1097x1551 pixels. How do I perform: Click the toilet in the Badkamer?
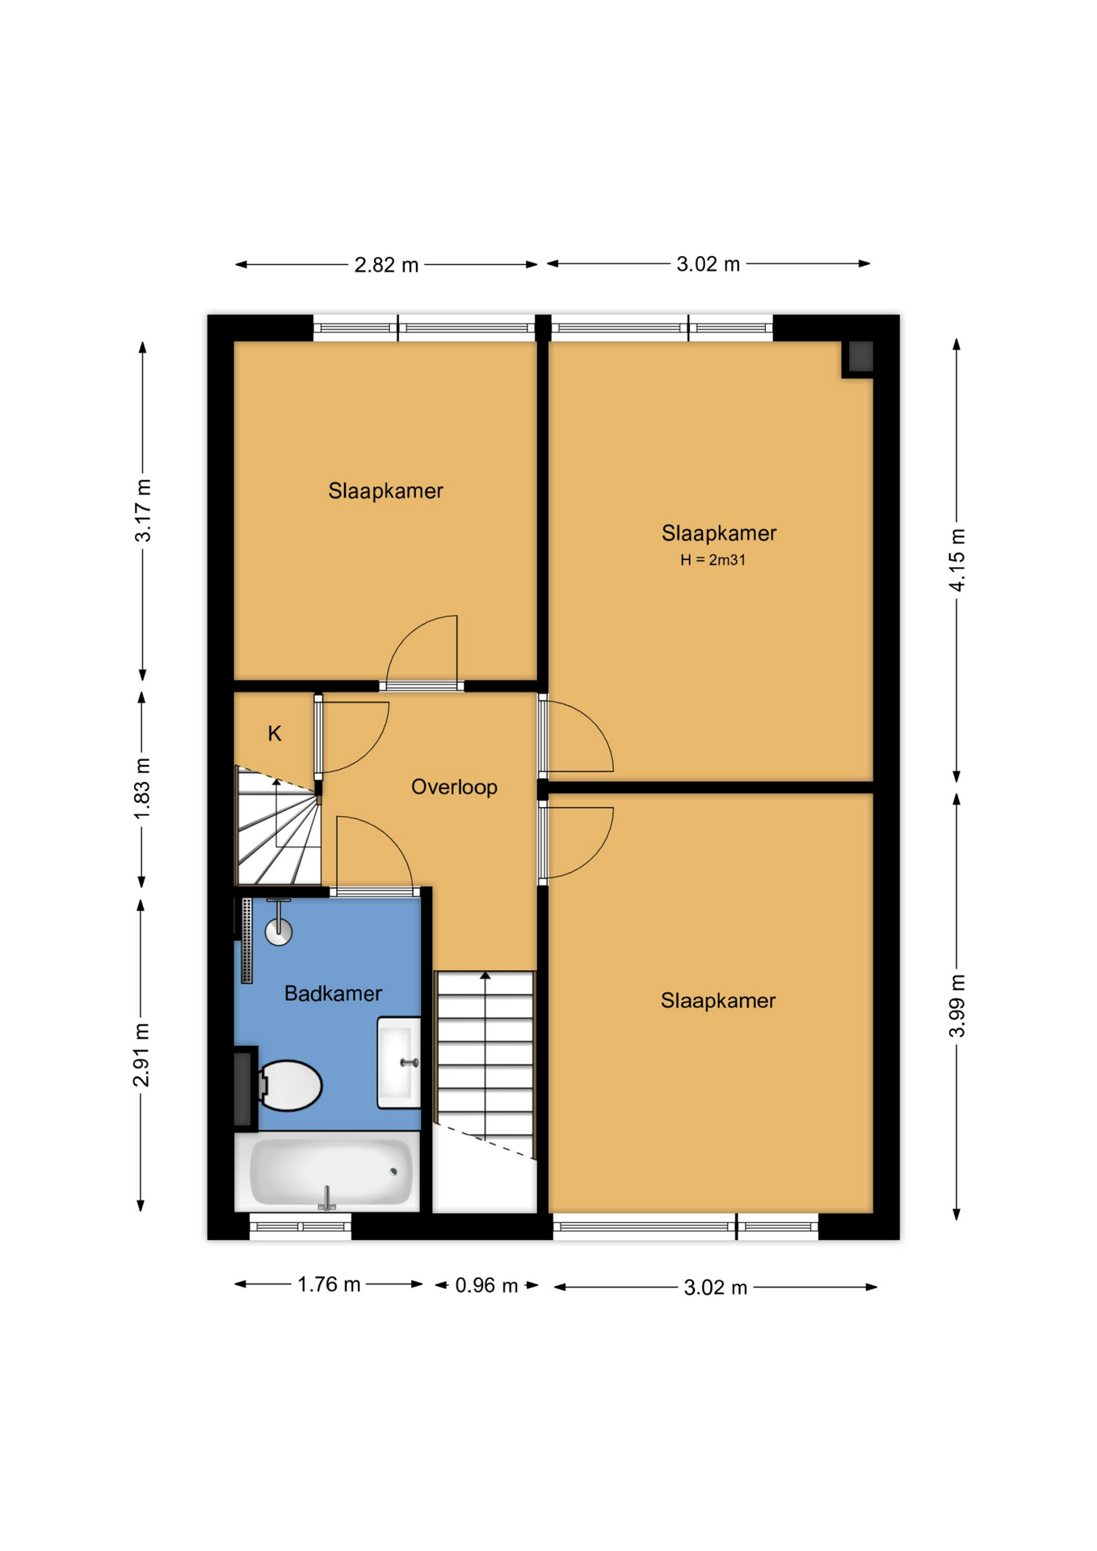point(288,1085)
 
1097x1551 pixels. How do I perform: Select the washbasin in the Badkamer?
point(399,1062)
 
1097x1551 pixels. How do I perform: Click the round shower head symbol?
point(279,931)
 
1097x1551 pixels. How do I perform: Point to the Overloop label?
point(454,787)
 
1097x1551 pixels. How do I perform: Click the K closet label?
point(275,733)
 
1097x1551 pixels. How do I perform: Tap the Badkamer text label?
point(333,994)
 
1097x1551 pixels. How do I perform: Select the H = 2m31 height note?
point(712,560)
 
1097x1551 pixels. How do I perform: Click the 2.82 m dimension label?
point(386,265)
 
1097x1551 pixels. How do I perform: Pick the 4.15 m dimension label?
point(957,560)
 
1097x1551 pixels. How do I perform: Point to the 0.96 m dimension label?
point(486,1285)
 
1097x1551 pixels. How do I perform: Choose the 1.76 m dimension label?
point(329,1284)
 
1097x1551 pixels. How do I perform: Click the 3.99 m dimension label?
point(957,1006)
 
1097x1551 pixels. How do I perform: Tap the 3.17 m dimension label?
point(143,511)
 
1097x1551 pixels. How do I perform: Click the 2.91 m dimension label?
point(141,1055)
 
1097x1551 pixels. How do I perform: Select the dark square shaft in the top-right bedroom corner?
point(860,357)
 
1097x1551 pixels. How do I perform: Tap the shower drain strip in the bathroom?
point(247,940)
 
